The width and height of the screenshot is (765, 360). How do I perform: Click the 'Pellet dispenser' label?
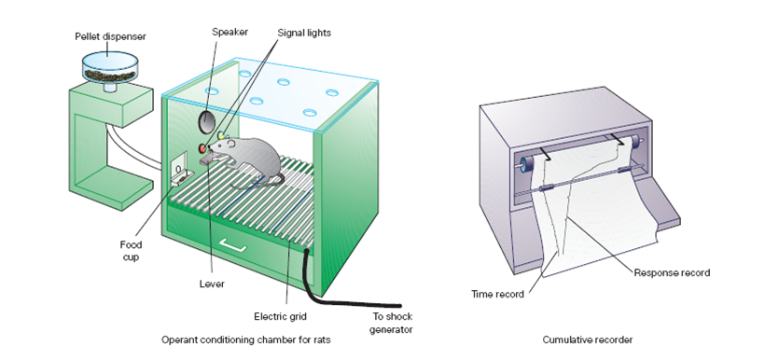pos(110,36)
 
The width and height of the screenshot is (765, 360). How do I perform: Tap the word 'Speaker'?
pos(229,33)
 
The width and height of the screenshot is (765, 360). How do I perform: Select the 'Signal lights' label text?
pos(304,34)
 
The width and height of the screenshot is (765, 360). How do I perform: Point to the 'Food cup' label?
pos(131,251)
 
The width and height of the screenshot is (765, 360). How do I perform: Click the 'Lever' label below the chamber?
pos(212,284)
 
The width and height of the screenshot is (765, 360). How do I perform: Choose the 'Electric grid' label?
pos(280,316)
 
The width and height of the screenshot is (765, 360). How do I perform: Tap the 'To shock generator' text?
pos(390,323)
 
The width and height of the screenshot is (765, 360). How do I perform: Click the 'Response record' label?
pos(672,273)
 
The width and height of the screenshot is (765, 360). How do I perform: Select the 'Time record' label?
pos(497,294)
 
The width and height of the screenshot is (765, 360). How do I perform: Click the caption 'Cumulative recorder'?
pos(588,339)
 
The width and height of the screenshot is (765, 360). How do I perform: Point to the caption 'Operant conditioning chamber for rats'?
pos(246,339)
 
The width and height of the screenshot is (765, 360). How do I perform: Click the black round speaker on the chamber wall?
pos(206,120)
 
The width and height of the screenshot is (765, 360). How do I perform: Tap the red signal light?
pos(202,147)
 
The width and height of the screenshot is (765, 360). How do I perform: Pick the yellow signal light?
pos(221,134)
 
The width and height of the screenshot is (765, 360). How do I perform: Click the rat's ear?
pos(230,144)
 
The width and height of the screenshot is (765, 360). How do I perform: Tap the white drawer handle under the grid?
pos(232,245)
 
